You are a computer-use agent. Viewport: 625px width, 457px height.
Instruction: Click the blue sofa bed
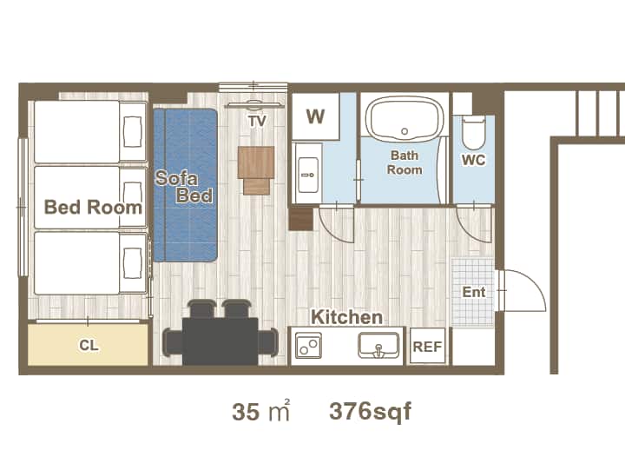[x=186, y=185]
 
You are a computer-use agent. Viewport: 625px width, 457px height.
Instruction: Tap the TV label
[x=257, y=121]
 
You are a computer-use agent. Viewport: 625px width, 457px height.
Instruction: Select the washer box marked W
[x=316, y=116]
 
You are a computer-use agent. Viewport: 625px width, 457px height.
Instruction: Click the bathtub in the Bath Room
[x=405, y=118]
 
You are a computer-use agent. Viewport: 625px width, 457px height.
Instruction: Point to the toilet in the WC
[x=474, y=132]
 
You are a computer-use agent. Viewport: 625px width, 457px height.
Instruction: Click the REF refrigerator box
[x=427, y=346]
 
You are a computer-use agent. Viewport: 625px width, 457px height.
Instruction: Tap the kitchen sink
[x=378, y=345]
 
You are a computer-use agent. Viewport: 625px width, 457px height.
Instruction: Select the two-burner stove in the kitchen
[x=308, y=345]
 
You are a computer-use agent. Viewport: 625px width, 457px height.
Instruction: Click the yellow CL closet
[x=88, y=345]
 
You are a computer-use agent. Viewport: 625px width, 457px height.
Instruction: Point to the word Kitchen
[x=346, y=317]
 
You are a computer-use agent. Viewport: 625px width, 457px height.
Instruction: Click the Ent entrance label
[x=474, y=292]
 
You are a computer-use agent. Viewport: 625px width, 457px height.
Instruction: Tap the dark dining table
[x=220, y=341]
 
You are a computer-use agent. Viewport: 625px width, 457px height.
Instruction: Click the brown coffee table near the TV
[x=256, y=169]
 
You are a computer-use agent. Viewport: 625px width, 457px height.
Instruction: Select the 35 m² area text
[x=260, y=411]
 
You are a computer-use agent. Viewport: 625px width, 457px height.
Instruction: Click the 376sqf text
[x=370, y=412]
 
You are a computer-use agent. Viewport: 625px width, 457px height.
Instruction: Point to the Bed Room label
[x=93, y=207]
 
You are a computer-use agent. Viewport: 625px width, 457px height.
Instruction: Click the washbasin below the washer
[x=308, y=175]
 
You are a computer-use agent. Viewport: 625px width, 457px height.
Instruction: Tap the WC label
[x=474, y=160]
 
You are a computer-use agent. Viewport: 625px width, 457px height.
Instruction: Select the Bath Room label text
[x=405, y=162]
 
